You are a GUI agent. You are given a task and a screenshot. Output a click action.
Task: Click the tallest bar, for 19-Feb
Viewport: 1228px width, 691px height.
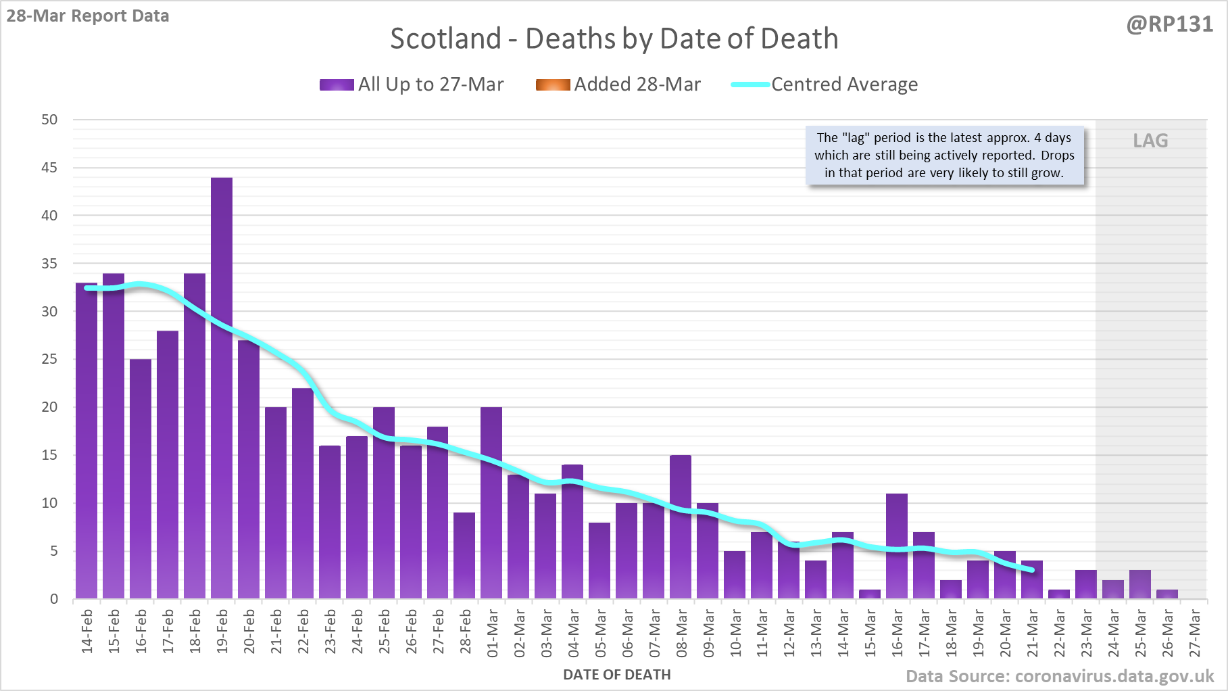pyautogui.click(x=222, y=388)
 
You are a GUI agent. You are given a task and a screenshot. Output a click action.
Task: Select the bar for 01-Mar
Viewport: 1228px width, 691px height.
pyautogui.click(x=491, y=503)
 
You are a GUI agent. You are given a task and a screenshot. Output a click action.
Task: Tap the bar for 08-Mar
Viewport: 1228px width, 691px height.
pyautogui.click(x=681, y=527)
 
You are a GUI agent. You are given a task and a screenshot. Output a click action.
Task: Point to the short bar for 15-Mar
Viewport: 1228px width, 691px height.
pyautogui.click(x=870, y=594)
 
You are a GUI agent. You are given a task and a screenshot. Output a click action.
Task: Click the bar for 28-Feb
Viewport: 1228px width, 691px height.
pyautogui.click(x=464, y=556)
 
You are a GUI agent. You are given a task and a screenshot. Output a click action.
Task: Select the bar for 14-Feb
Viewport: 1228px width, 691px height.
pyautogui.click(x=87, y=441)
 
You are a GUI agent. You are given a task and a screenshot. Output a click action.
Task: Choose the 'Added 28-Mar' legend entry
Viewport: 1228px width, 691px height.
pyautogui.click(x=618, y=85)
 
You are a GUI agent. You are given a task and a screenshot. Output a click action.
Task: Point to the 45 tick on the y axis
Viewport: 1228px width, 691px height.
pyautogui.click(x=49, y=168)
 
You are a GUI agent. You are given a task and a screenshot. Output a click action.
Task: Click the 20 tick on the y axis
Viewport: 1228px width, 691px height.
pyautogui.click(x=49, y=407)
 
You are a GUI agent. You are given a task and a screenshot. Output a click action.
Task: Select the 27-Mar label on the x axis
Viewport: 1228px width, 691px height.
pyautogui.click(x=1194, y=632)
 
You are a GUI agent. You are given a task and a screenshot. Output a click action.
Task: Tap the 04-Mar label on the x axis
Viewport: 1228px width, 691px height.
pyautogui.click(x=573, y=632)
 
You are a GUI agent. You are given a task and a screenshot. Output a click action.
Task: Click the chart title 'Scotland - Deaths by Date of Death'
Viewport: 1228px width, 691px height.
pyautogui.click(x=614, y=39)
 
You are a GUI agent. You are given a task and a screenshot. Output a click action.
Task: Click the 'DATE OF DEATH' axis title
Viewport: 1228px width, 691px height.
pyautogui.click(x=616, y=675)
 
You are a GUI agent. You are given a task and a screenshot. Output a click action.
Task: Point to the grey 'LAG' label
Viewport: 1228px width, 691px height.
pyautogui.click(x=1150, y=141)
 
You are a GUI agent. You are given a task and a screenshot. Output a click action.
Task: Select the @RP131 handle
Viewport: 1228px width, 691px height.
pyautogui.click(x=1169, y=24)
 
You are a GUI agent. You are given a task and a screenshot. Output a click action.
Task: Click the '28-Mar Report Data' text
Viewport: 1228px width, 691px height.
pyautogui.click(x=88, y=16)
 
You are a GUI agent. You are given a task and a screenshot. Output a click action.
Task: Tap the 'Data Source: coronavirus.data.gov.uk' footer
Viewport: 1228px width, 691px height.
pyautogui.click(x=1060, y=676)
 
